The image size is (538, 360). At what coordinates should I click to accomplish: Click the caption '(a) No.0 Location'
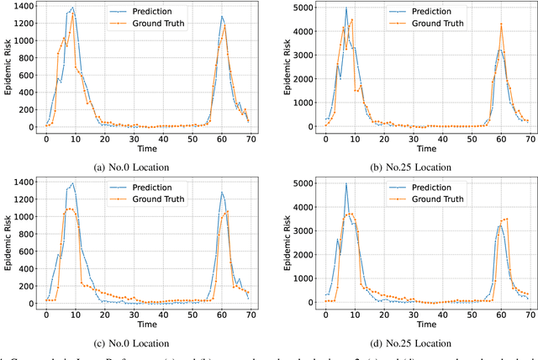tap(134, 167)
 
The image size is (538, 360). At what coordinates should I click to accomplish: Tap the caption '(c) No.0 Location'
tap(134, 342)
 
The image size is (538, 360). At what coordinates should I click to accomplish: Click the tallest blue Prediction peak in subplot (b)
tap(345, 8)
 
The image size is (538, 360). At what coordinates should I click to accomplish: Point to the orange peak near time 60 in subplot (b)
tap(501, 24)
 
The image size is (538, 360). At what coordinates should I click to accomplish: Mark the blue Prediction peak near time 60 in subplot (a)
tap(222, 16)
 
